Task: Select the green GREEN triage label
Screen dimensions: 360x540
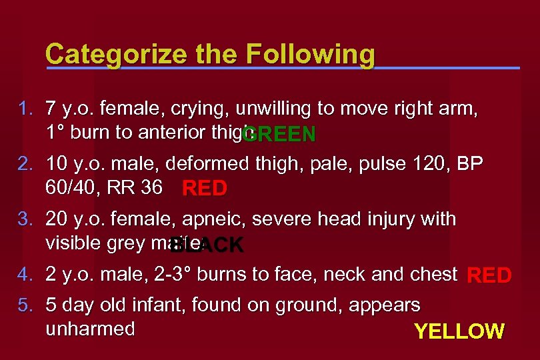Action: pyautogui.click(x=279, y=135)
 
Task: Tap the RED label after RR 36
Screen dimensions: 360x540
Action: pyautogui.click(x=205, y=189)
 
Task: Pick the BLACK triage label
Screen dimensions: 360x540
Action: pyautogui.click(x=207, y=245)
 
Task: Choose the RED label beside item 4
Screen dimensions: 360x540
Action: pyautogui.click(x=489, y=275)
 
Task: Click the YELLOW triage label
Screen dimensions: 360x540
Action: pyautogui.click(x=459, y=331)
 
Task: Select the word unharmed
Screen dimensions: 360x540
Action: pyautogui.click(x=90, y=329)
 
